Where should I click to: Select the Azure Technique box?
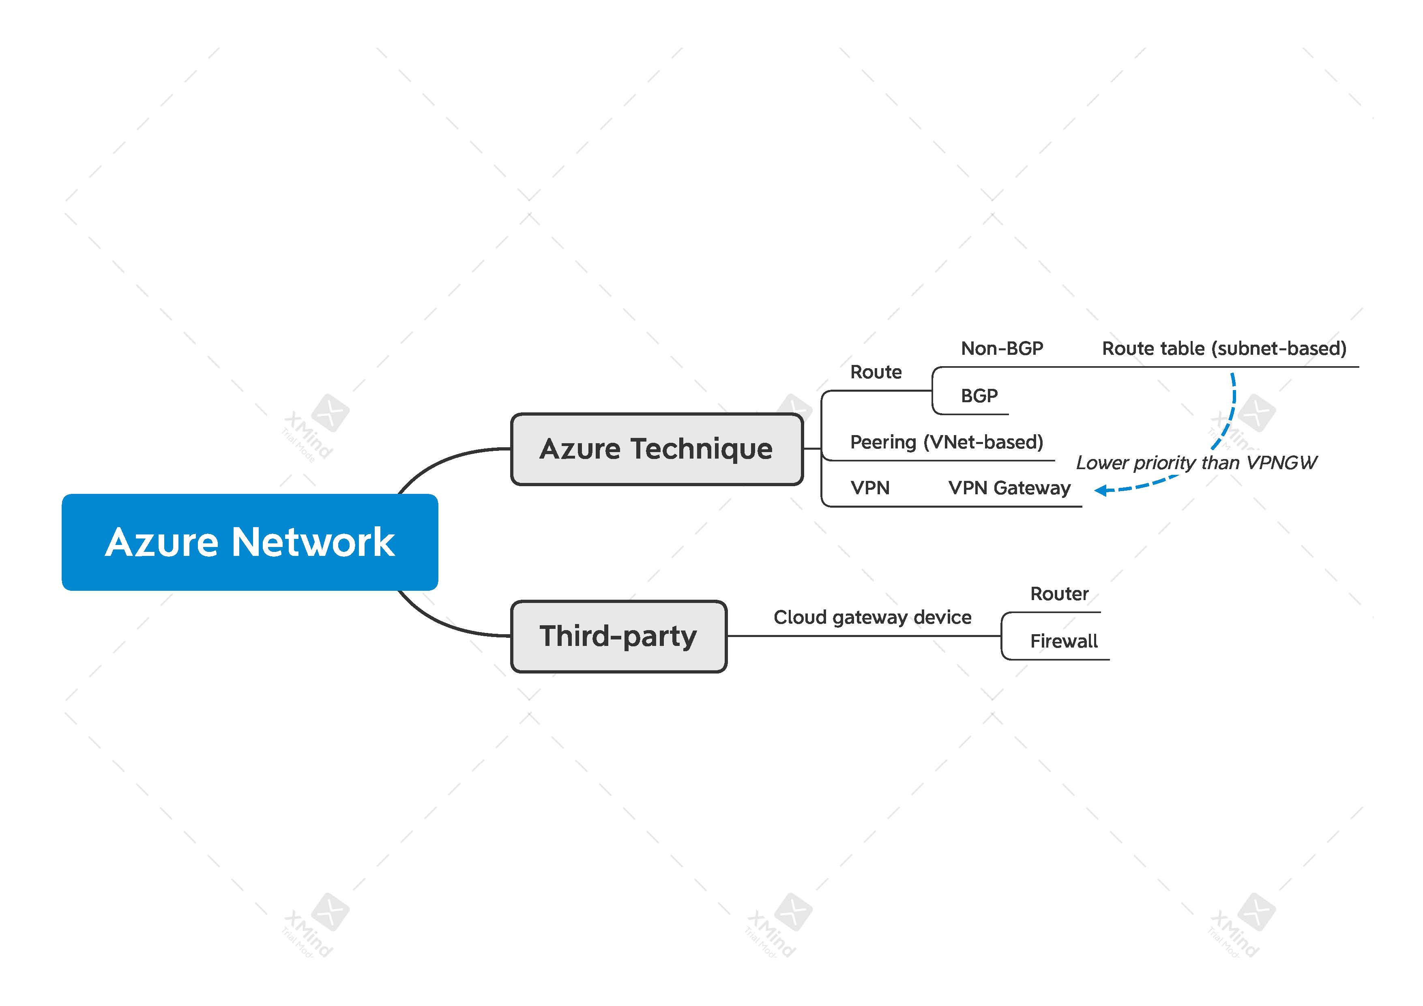(x=656, y=449)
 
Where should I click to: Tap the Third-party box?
(x=618, y=636)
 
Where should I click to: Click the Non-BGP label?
(x=1002, y=348)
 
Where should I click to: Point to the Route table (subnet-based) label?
(x=1224, y=348)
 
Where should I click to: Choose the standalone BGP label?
(x=979, y=395)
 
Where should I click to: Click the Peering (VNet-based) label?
(x=947, y=442)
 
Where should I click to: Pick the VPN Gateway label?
(x=1009, y=488)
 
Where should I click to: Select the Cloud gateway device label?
(x=872, y=618)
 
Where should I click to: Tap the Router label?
(x=1059, y=594)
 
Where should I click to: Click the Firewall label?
(x=1064, y=641)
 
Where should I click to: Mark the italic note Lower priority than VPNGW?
(x=1196, y=462)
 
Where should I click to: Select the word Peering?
(x=883, y=442)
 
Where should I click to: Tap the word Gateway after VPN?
(x=1032, y=488)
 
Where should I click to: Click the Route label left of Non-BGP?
(x=876, y=372)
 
